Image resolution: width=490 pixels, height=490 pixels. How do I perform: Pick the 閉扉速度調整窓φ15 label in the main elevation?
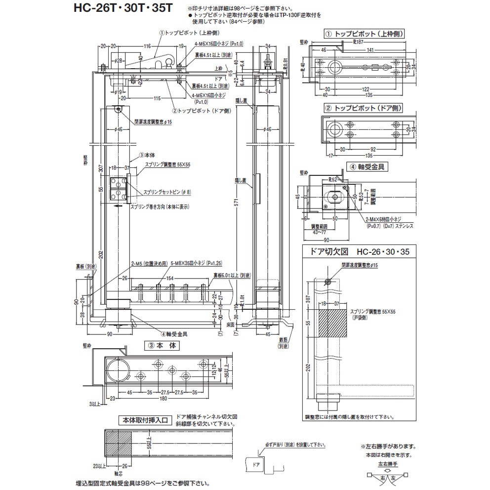tap(153, 122)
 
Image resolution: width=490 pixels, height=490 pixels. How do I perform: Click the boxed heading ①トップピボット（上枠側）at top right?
tap(364, 34)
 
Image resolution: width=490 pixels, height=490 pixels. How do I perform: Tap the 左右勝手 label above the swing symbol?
tap(388, 464)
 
